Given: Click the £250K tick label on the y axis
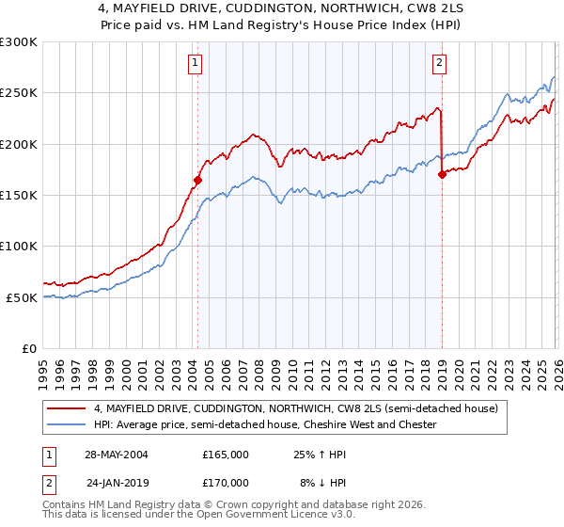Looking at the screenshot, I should tap(19, 93).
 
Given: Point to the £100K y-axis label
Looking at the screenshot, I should tap(19, 246).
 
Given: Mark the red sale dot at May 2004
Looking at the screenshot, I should tap(198, 180).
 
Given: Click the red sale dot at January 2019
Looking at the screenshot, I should tap(442, 173).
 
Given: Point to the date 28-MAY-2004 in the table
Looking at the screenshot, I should tap(117, 454).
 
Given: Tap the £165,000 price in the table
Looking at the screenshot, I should tap(226, 454).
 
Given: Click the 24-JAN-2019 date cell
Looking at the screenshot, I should tap(117, 482).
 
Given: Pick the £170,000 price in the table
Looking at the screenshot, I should tap(226, 482).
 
